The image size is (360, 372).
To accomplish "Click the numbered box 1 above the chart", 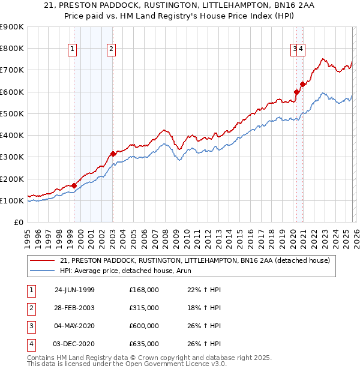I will coord(72,50).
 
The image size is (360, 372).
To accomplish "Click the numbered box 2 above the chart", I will coord(112,50).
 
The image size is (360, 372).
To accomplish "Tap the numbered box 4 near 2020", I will coord(301,50).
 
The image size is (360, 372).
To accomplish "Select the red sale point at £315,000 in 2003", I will coord(113,154).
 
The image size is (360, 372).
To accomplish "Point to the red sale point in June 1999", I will coord(74,185).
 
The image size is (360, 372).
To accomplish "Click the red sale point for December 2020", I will coord(302,84).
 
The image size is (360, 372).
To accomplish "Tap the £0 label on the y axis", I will coord(18,222).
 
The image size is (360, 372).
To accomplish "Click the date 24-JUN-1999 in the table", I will coord(74,290).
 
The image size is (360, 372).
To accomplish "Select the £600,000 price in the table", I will coord(144,326).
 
